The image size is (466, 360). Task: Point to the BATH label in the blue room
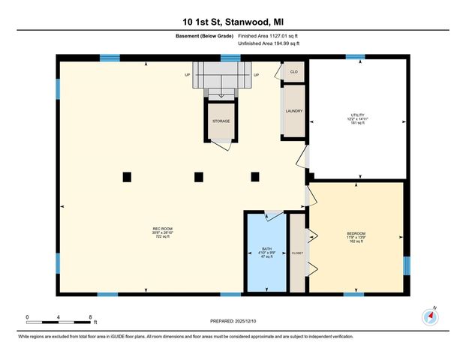click(266, 248)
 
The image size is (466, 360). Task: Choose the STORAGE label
click(221, 121)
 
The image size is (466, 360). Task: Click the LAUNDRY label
click(293, 111)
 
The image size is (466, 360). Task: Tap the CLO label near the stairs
click(294, 72)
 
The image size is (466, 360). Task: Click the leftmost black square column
click(127, 177)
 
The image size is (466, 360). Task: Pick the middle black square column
click(199, 177)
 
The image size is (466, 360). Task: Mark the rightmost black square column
click(255, 177)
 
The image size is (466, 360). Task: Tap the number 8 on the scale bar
click(90, 317)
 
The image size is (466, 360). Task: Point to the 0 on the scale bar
click(27, 317)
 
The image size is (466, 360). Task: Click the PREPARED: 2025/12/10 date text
click(233, 321)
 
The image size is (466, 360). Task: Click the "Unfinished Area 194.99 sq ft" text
click(269, 44)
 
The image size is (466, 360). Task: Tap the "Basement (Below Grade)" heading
click(214, 35)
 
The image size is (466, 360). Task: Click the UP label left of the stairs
click(188, 75)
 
